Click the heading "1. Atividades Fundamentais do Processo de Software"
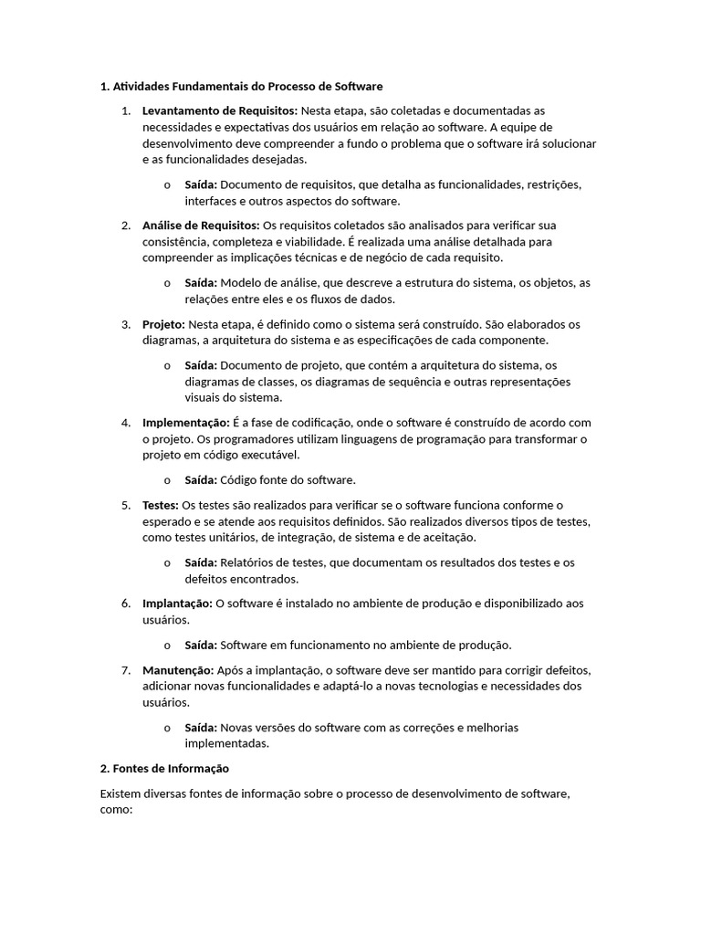click(241, 87)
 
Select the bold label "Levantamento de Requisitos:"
click(220, 110)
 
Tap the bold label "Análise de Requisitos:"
click(200, 225)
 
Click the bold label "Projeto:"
click(163, 324)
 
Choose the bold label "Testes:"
click(161, 505)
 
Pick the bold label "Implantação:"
click(177, 604)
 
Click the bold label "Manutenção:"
click(178, 669)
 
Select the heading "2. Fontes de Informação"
click(164, 769)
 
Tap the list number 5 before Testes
click(126, 505)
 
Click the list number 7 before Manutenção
click(126, 669)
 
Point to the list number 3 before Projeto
click(126, 324)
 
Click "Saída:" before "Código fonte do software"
click(201, 479)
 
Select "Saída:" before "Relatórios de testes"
click(201, 562)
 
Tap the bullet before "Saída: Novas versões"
click(167, 728)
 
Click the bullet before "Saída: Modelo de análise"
click(167, 282)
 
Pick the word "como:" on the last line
click(117, 810)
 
